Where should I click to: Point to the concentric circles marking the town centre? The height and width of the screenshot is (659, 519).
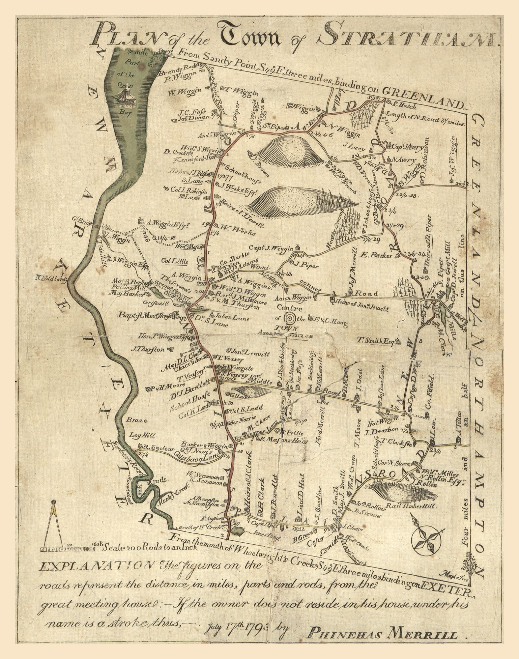click(x=290, y=319)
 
